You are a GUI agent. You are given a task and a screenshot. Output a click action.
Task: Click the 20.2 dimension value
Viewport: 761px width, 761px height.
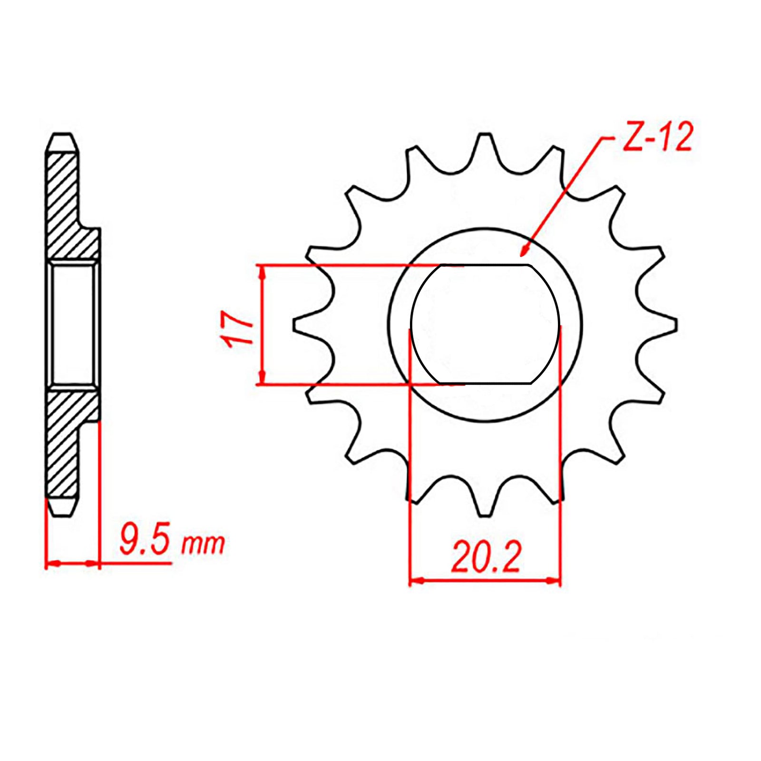(x=486, y=556)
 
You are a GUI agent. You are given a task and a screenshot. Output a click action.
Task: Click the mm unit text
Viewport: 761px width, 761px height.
(x=203, y=545)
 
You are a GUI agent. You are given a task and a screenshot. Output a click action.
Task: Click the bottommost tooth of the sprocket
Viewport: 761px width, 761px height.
(x=485, y=507)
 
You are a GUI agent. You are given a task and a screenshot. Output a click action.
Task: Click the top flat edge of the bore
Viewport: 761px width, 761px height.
(x=485, y=265)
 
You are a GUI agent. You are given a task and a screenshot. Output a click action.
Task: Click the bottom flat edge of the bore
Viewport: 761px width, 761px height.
(x=485, y=383)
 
